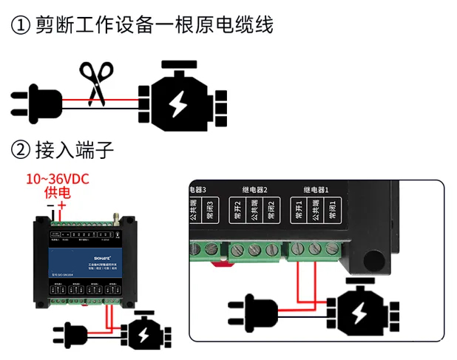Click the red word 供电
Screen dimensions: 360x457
tap(58, 193)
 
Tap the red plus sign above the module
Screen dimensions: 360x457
tap(63, 205)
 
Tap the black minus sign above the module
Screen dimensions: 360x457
tap(50, 205)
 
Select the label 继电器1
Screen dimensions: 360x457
tap(318, 190)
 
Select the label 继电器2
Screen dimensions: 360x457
tap(254, 190)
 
